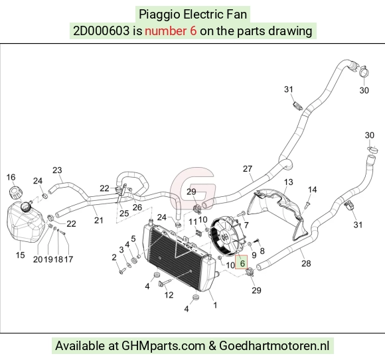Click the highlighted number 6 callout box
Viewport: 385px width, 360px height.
[242, 262]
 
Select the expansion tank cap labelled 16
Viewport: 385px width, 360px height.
[15, 193]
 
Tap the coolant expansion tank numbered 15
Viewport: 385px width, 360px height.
[25, 223]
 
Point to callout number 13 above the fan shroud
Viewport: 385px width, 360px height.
[289, 182]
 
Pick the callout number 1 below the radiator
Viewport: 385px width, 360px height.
[215, 305]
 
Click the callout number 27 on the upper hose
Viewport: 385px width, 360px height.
[248, 168]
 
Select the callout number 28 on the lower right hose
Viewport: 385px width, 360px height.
[306, 263]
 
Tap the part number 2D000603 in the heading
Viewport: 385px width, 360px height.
[101, 31]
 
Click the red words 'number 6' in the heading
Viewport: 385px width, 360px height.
[171, 31]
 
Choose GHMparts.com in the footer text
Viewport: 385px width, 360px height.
[163, 346]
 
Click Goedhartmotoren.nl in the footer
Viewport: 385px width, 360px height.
[274, 346]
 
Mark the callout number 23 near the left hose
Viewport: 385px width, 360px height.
[57, 170]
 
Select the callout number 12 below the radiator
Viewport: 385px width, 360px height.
[169, 295]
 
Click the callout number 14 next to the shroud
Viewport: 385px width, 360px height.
[313, 190]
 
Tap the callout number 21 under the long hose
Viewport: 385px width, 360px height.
[98, 220]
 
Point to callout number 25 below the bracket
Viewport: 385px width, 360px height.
[124, 213]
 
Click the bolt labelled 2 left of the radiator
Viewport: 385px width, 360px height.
[122, 270]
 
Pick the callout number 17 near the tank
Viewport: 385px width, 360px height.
[68, 259]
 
